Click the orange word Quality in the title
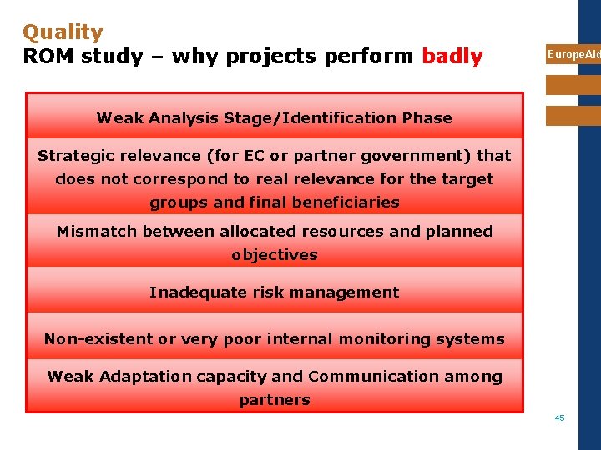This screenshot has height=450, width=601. point(63,32)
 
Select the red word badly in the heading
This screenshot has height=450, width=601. point(452,57)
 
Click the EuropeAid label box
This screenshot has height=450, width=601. point(573,54)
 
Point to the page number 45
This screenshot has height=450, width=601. point(559,417)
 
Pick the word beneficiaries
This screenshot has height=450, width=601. point(348,202)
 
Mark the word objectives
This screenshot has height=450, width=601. point(275,255)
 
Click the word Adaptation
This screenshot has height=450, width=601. point(145,377)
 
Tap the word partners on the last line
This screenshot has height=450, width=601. point(275,400)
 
